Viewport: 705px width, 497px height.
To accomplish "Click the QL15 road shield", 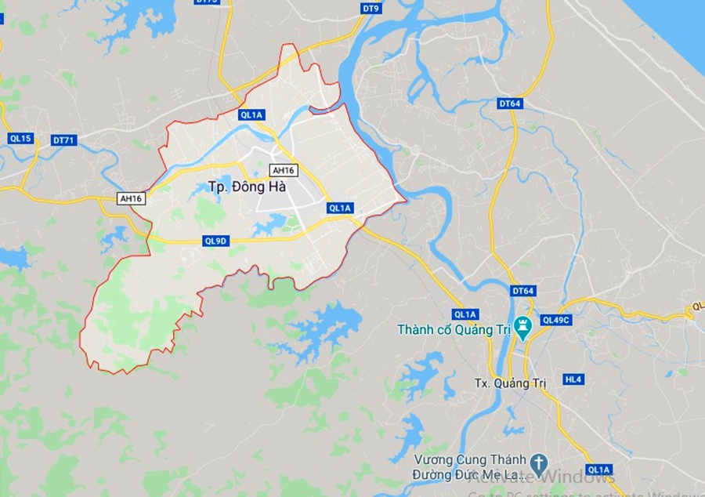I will pyautogui.click(x=20, y=139).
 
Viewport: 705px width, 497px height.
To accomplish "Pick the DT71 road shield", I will pyautogui.click(x=64, y=140).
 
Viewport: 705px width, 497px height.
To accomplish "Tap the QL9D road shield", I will pyautogui.click(x=215, y=241).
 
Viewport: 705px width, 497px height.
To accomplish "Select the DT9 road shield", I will pyautogui.click(x=371, y=9).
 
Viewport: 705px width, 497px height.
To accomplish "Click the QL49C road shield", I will pyautogui.click(x=557, y=320).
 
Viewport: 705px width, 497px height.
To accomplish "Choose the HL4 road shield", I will pyautogui.click(x=574, y=379).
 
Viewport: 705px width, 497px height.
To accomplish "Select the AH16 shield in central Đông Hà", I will pyautogui.click(x=282, y=170).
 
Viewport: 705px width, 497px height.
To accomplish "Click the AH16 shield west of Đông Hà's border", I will pyautogui.click(x=131, y=199).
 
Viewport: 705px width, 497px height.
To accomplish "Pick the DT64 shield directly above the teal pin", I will pyautogui.click(x=523, y=291).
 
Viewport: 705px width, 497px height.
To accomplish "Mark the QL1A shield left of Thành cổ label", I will pyautogui.click(x=465, y=314).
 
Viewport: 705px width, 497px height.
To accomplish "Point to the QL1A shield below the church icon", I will pyautogui.click(x=598, y=470).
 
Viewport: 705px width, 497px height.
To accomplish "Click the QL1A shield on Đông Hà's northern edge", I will pyautogui.click(x=252, y=114).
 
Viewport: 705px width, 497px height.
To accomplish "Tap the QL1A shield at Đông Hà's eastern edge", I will pyautogui.click(x=341, y=208).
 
